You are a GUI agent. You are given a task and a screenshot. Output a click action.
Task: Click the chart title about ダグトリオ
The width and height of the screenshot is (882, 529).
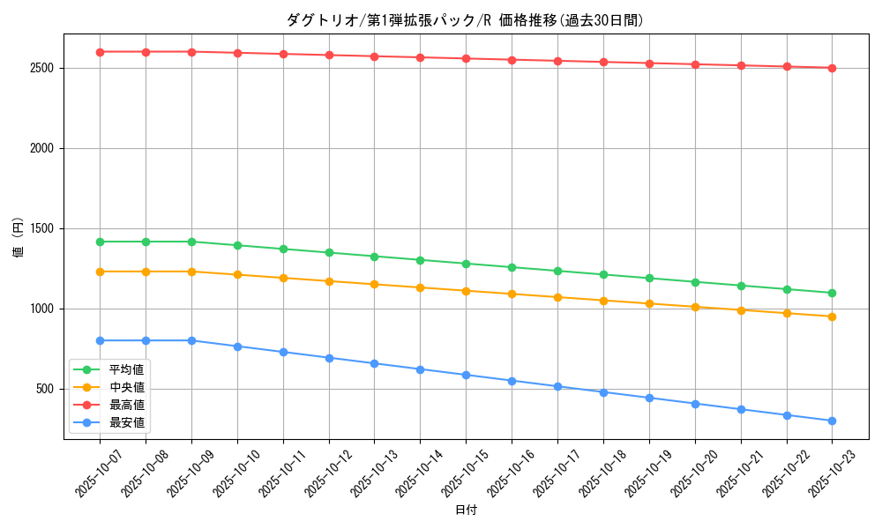465,20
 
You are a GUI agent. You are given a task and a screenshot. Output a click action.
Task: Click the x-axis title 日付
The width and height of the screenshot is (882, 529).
465,510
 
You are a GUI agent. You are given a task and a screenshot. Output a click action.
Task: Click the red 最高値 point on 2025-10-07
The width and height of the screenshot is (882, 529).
100,52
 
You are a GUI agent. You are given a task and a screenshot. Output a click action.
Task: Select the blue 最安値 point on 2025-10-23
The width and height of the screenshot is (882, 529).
832,421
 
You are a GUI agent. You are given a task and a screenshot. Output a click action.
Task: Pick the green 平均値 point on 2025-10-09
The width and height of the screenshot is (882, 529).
191,242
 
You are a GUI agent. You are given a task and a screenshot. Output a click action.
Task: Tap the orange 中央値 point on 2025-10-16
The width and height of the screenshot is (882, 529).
512,294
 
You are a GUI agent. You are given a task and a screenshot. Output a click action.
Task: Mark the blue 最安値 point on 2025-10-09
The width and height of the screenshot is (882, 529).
191,340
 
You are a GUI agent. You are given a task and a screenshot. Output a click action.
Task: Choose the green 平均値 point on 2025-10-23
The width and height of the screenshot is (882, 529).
832,293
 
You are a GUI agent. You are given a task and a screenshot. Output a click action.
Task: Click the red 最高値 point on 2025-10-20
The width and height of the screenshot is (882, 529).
695,64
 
